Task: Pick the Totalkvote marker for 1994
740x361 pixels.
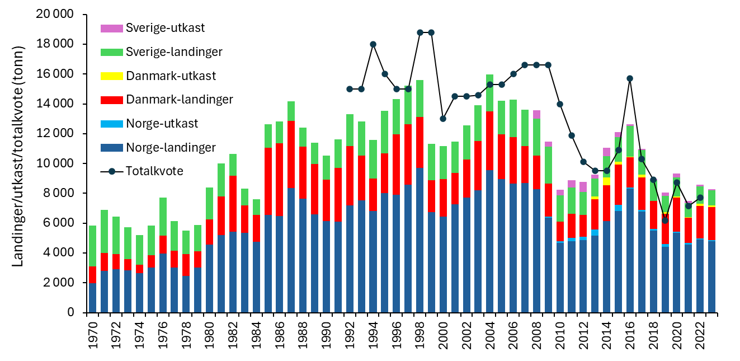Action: pos(373,44)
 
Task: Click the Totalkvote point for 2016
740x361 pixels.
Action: pos(630,78)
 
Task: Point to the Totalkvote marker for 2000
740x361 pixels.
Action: pos(443,119)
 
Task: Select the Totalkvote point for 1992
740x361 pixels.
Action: pos(350,89)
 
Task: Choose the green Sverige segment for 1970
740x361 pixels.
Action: pos(93,246)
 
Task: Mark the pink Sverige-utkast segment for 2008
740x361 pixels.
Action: pos(537,114)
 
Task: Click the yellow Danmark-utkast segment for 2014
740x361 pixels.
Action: pos(607,181)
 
